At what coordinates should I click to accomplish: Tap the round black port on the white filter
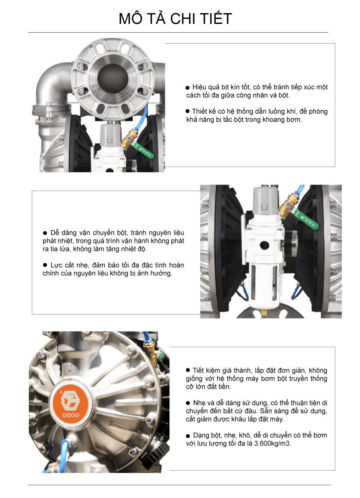point(264,245)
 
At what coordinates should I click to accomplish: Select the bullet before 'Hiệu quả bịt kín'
point(187,87)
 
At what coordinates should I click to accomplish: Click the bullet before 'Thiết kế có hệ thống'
point(187,111)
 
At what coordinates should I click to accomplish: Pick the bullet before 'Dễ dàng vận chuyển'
point(45,233)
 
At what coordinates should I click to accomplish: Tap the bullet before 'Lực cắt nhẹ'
point(45,265)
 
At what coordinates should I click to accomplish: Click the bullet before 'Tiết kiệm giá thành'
point(188,370)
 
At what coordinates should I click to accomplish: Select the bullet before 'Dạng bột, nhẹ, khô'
point(188,436)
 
